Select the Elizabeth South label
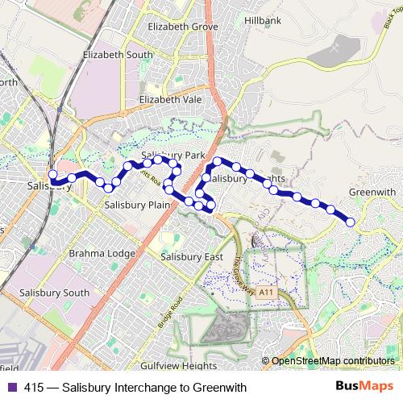click(x=118, y=55)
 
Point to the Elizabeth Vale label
click(x=169, y=99)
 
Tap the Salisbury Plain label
click(x=137, y=205)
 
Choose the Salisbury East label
click(x=191, y=256)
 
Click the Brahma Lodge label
click(x=102, y=252)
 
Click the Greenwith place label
click(x=372, y=192)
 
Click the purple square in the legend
click(x=10, y=388)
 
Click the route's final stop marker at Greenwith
click(x=351, y=222)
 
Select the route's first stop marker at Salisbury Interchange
click(x=52, y=174)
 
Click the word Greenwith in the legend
click(x=218, y=388)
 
